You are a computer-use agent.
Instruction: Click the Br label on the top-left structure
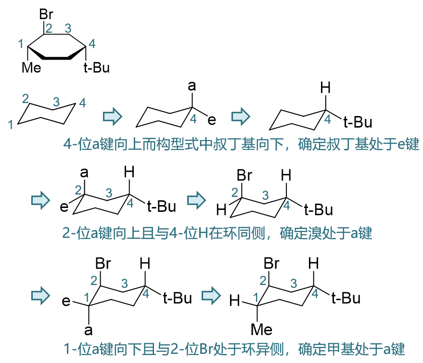46,15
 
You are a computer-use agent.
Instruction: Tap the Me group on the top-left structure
32,68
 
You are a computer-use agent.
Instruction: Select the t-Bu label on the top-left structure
97,68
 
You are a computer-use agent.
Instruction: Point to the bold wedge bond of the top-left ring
58,58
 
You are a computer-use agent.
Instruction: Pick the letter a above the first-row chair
192,86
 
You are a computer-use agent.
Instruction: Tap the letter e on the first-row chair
212,120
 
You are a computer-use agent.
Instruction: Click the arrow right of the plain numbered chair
113,116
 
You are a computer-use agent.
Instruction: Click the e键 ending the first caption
406,143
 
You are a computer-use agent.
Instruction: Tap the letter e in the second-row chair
64,207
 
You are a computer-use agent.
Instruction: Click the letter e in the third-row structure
66,302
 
